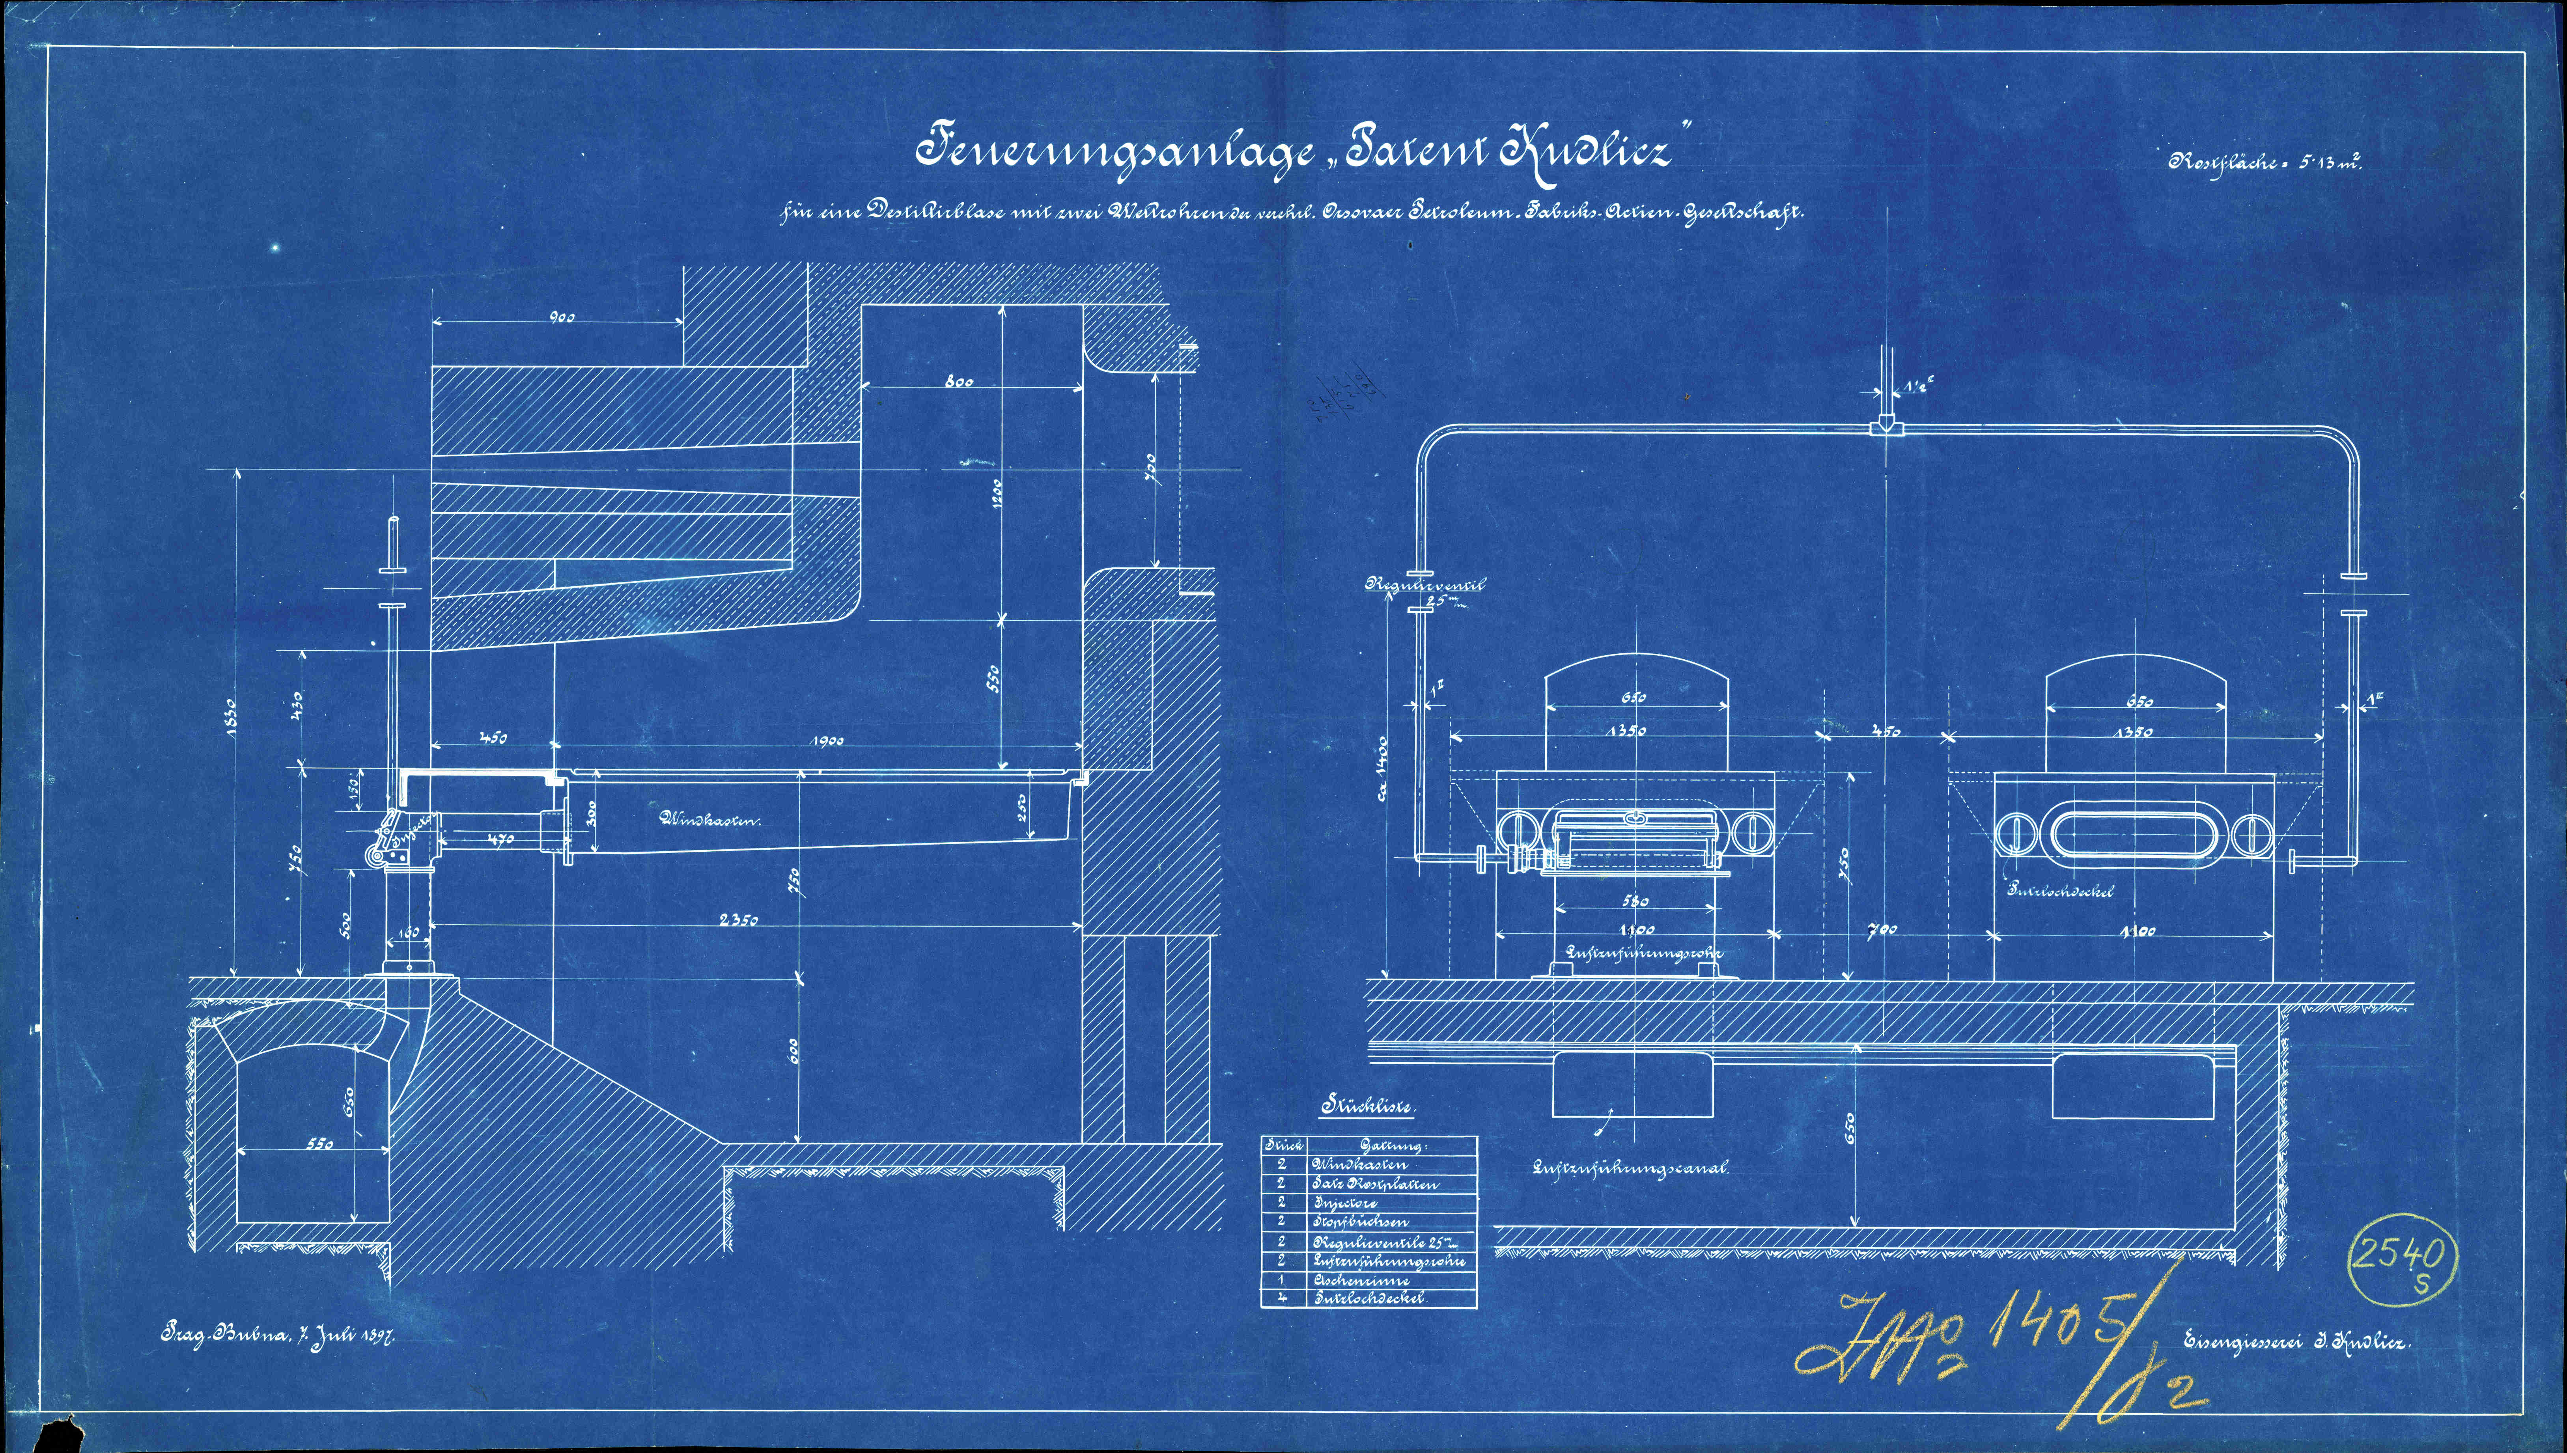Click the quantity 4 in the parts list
click(x=1281, y=1298)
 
